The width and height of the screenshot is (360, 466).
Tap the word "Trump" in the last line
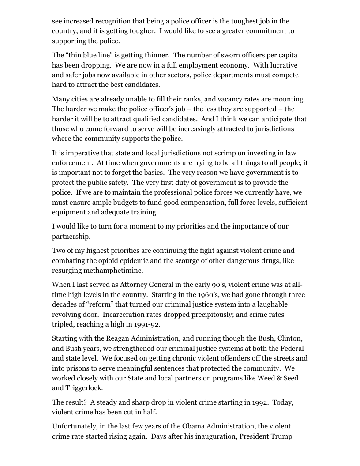point(281,436)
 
